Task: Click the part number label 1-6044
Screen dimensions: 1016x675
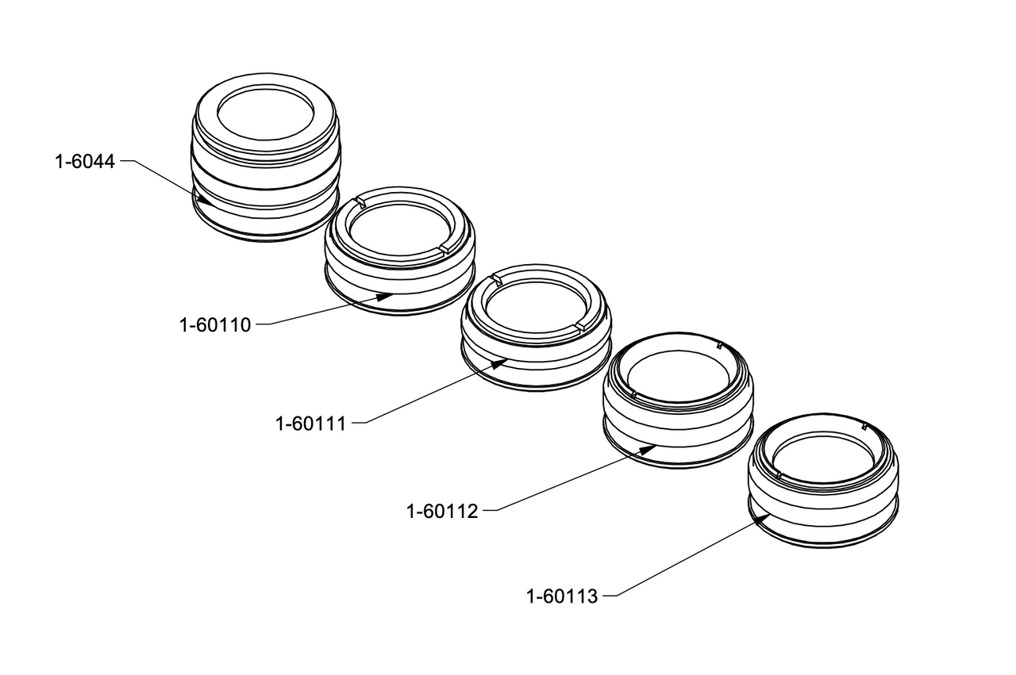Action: (x=85, y=162)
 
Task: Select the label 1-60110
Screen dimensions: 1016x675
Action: (x=215, y=325)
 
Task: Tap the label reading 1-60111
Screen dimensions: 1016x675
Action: (x=310, y=424)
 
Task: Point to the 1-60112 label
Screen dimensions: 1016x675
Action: (x=442, y=512)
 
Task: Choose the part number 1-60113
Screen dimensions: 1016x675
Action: (x=562, y=596)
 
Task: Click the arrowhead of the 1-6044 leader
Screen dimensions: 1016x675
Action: (x=203, y=199)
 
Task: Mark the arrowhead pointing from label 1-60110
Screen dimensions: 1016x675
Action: (x=384, y=297)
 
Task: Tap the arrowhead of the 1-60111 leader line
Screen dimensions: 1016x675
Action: (x=499, y=362)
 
